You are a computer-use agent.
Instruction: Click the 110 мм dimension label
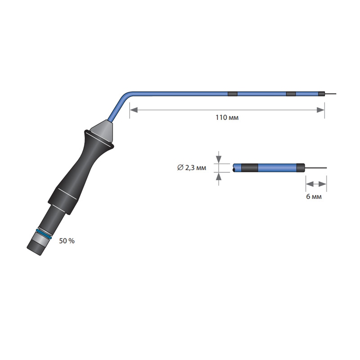[x=227, y=117]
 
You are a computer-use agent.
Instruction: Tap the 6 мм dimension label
[x=314, y=197]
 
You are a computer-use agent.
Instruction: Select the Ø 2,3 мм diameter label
[x=192, y=168]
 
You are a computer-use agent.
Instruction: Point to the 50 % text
[x=67, y=241]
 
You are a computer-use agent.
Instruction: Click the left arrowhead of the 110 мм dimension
[x=134, y=110]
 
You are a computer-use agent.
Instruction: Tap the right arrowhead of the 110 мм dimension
[x=320, y=110]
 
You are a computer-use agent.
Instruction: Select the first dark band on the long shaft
[x=232, y=94]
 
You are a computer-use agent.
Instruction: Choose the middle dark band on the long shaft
[x=291, y=94]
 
